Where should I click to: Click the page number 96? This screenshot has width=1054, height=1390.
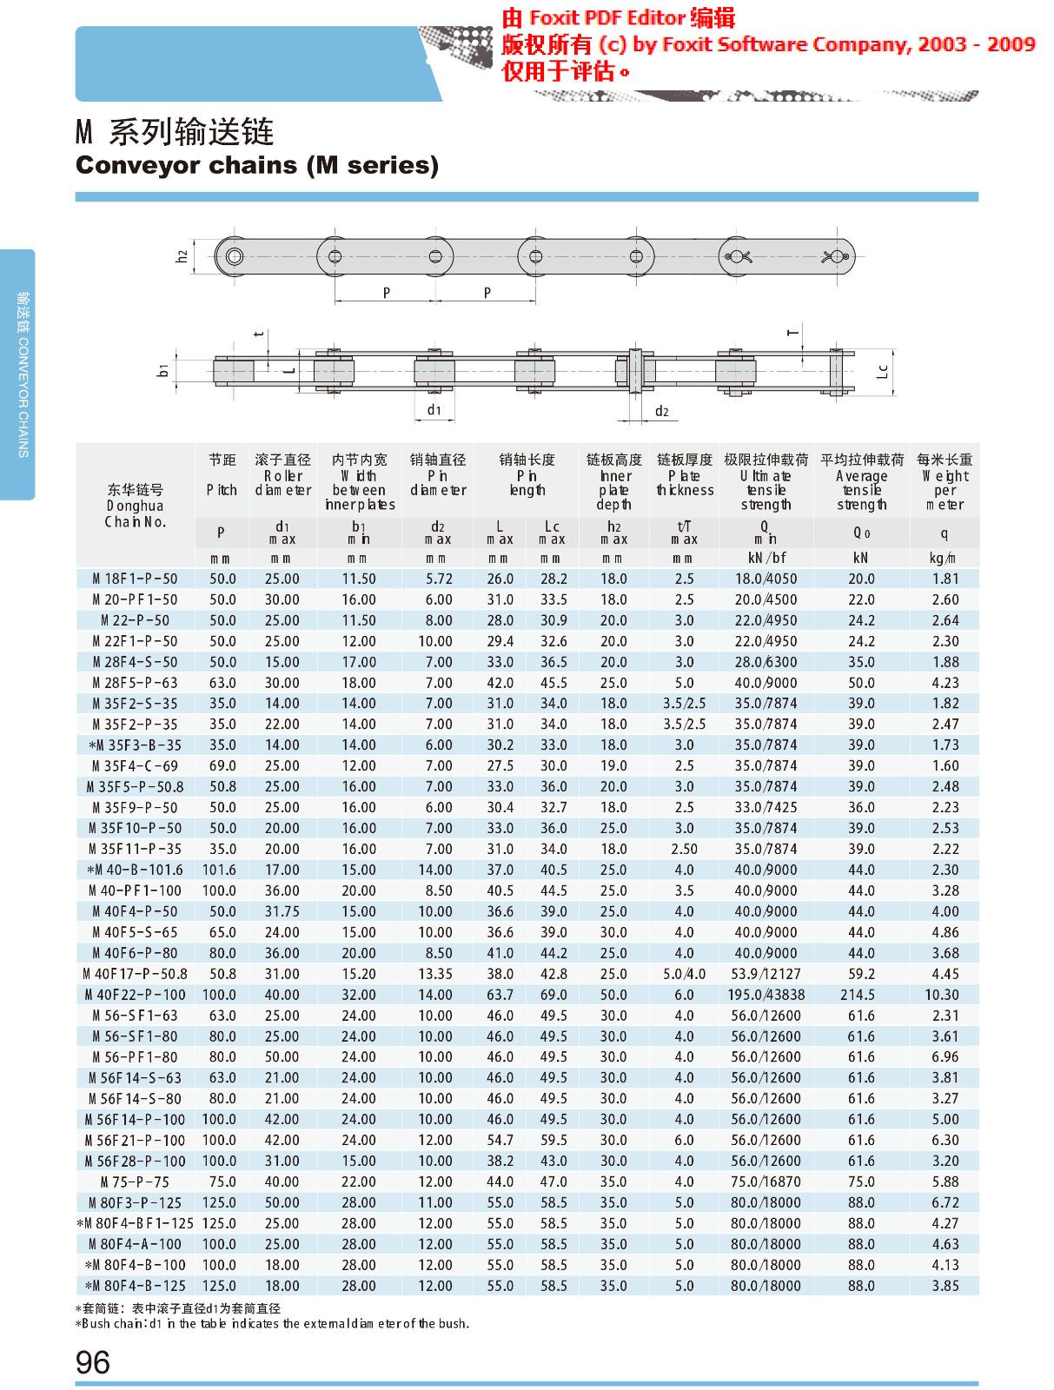93,1361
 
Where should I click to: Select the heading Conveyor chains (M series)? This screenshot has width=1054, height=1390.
257,165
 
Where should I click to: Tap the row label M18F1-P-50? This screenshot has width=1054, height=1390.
135,579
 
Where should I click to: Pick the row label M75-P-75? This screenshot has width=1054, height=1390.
135,1181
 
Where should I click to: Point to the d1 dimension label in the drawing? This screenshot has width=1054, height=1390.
434,409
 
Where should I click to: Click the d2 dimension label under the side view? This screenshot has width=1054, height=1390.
661,411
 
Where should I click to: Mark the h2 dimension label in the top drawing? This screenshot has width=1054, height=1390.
182,256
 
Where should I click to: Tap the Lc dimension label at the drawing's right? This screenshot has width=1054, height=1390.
882,371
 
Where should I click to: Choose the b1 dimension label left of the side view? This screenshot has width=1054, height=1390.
162,371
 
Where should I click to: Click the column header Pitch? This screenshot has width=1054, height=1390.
222,490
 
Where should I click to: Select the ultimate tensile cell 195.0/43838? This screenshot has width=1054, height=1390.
766,995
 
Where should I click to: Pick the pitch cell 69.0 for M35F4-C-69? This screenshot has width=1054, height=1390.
222,765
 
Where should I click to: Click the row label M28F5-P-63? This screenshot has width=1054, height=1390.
135,683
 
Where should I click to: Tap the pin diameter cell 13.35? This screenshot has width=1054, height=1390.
435,974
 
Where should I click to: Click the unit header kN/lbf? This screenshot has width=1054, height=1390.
766,559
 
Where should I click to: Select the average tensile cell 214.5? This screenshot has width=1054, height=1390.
861,995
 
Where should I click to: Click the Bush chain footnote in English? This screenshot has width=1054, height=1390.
272,1324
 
